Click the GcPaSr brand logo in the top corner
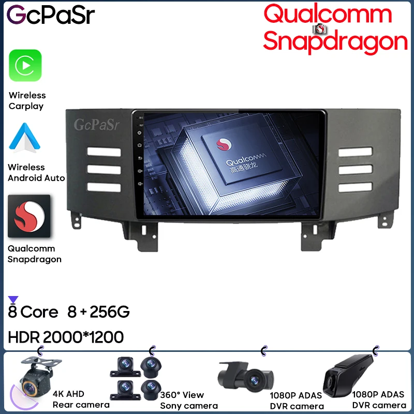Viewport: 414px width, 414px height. click(51, 15)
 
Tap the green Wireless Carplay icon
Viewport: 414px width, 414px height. click(25, 65)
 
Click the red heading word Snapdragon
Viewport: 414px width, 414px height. click(335, 40)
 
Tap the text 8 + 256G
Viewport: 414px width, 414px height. click(98, 312)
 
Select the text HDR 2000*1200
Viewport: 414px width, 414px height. click(66, 337)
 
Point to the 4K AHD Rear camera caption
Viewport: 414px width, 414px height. click(81, 400)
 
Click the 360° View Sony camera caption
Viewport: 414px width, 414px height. click(188, 400)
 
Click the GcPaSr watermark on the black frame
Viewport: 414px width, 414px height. click(96, 125)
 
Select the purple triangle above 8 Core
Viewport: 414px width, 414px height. click(13, 299)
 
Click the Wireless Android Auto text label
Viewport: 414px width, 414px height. click(36, 172)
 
